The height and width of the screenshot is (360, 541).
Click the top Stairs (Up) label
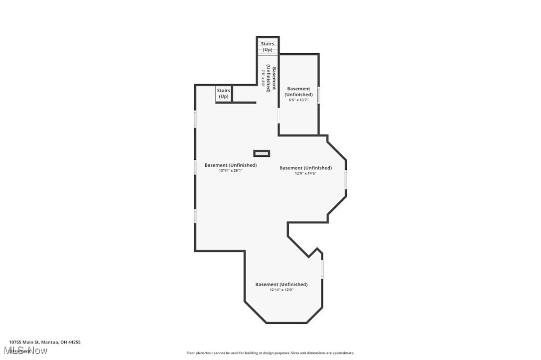tap(268, 47)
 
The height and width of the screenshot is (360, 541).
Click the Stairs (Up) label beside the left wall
tap(224, 94)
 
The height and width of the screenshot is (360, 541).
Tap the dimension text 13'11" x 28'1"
tap(230, 171)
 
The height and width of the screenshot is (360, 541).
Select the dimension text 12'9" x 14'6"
tap(305, 173)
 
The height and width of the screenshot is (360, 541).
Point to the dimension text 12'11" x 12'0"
tap(281, 290)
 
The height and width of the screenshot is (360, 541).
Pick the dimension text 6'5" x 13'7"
tap(299, 100)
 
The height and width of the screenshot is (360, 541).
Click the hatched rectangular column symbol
tap(262, 153)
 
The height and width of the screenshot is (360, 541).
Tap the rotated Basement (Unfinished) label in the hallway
tap(269, 78)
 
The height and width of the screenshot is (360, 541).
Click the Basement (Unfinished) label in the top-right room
tap(299, 92)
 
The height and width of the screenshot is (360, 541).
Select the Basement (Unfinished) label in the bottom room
tap(281, 284)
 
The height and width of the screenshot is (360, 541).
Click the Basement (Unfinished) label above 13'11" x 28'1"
tap(231, 165)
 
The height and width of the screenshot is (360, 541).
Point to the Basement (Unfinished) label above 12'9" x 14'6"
tap(305, 168)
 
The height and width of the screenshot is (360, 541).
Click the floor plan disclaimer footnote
tap(270, 353)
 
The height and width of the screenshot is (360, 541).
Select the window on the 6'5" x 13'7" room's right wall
tap(319, 95)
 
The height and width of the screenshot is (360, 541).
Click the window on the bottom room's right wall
tap(322, 269)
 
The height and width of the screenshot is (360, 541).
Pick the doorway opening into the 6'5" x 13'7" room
tap(278, 116)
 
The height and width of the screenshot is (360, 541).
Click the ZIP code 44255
tap(74, 342)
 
